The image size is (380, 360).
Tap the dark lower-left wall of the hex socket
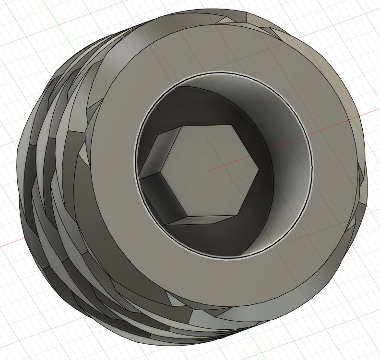pyautogui.click(x=158, y=197)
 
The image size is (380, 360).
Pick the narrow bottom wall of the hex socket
pyautogui.click(x=202, y=220)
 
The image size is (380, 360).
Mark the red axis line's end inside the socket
pyautogui.click(x=211, y=169)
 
